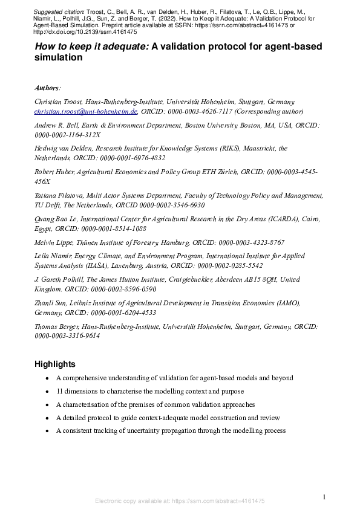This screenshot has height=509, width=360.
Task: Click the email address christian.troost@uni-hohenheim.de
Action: coord(86,111)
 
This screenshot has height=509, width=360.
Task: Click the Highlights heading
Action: coord(55,364)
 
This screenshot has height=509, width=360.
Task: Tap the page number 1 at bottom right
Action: coord(324,496)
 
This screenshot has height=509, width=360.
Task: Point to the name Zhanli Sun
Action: coord(53,303)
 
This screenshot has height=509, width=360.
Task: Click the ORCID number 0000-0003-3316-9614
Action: coord(67,336)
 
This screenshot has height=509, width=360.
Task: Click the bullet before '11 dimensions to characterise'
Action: coord(47,392)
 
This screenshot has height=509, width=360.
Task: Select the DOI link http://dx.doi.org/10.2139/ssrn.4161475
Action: coord(86,33)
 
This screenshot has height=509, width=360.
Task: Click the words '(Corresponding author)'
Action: coord(269,111)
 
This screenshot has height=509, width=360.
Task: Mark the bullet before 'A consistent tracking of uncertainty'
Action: coord(47,431)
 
